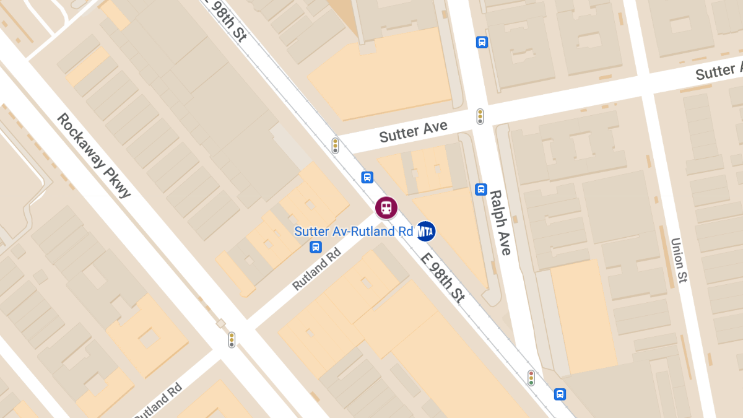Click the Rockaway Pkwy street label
tap(94, 155)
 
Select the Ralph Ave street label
tap(500, 222)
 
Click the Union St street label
tap(679, 260)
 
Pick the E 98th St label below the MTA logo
tap(443, 278)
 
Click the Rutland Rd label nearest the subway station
tap(316, 268)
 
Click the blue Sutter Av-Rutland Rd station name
tap(354, 232)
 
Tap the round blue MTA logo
tap(425, 232)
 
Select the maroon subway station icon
tap(386, 207)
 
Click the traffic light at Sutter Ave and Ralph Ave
tap(480, 116)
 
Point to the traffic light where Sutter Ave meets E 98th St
tap(335, 146)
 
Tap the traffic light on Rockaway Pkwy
tap(232, 339)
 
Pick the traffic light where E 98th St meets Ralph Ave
tap(531, 378)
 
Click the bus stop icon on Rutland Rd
tap(316, 247)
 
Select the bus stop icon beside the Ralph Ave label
tap(481, 189)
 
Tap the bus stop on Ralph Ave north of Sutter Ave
tap(482, 42)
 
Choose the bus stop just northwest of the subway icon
tap(367, 177)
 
